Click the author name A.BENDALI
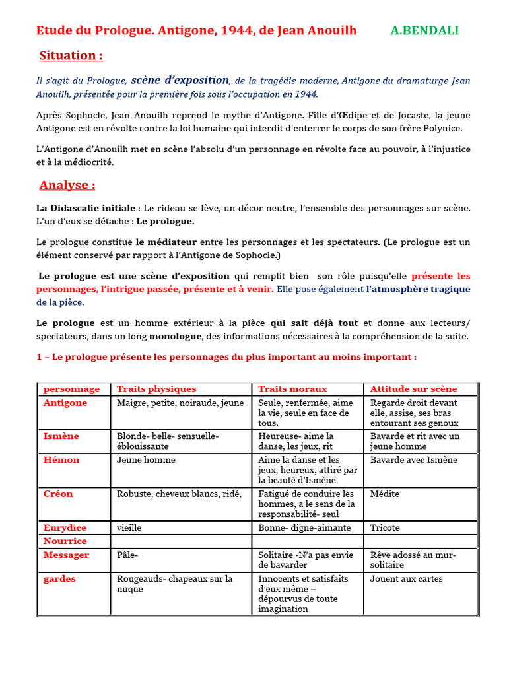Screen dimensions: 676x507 [x=424, y=30]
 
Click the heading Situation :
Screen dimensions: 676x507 [x=71, y=55]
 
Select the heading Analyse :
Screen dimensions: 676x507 [x=67, y=185]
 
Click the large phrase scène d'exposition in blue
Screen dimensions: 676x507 [x=180, y=80]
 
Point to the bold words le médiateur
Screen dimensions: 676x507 [x=166, y=242]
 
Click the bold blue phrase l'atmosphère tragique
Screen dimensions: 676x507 [x=419, y=289]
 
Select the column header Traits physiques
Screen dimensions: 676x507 [x=156, y=389]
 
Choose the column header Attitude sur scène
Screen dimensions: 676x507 [x=413, y=389]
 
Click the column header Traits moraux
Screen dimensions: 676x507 [x=292, y=389]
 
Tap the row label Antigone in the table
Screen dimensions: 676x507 [x=65, y=403]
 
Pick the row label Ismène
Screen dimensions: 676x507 [x=61, y=436]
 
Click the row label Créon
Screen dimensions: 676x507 [x=58, y=494]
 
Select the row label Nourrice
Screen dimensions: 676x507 [x=65, y=541]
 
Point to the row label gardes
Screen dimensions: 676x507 [x=59, y=579]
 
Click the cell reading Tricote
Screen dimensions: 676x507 [x=385, y=528]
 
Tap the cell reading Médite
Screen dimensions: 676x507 [x=385, y=494]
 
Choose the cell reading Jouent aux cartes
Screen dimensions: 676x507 [x=406, y=579]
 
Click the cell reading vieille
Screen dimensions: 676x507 [x=129, y=528]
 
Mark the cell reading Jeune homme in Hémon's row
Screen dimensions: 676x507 [x=146, y=460]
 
